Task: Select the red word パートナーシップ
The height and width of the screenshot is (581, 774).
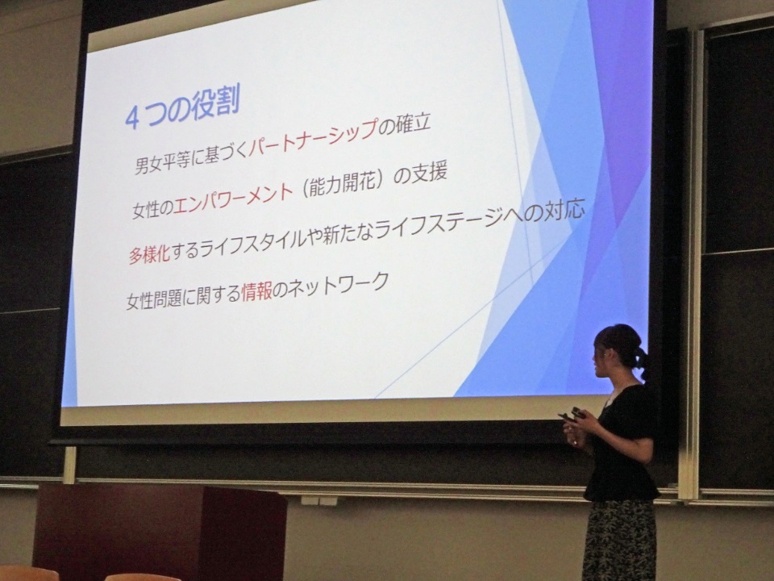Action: pos(312,137)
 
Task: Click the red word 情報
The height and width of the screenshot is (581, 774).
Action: pos(256,292)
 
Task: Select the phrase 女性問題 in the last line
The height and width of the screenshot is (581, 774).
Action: pos(155,299)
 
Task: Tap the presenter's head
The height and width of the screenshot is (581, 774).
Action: pos(617,351)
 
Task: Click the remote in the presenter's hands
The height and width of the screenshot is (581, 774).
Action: pos(572,415)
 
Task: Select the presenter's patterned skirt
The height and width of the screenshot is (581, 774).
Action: pos(620,541)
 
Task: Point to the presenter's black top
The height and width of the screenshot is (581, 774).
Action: pos(624,441)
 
